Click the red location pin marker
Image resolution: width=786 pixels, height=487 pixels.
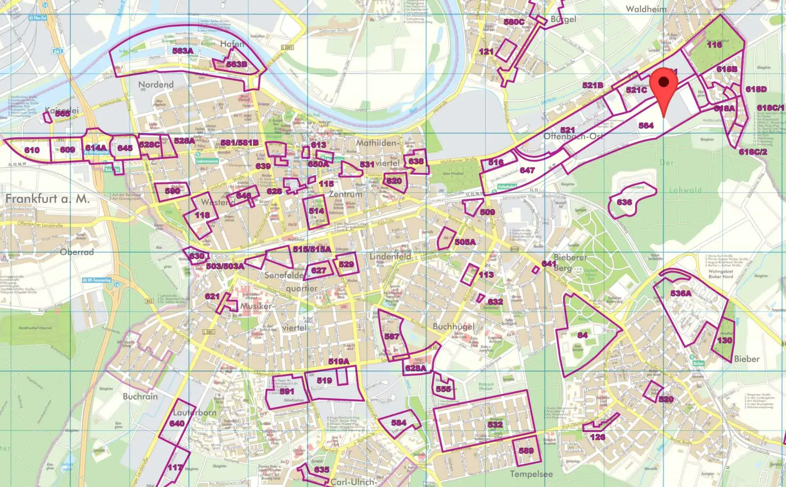pos(664,85)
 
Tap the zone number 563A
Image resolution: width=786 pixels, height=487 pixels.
pos(183,51)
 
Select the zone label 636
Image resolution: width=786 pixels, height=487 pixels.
pos(624,202)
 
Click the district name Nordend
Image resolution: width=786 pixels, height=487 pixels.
pos(156,85)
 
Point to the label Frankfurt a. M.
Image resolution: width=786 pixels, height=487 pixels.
pos(47,199)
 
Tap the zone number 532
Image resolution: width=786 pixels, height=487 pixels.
pos(495,424)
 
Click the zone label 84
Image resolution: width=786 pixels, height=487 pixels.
pos(582,335)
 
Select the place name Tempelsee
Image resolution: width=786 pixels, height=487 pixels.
pos(531,474)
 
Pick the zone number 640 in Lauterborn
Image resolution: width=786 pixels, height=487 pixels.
pos(177,424)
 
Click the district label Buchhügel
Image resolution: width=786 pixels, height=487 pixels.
pos(454,327)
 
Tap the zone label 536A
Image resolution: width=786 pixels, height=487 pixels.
pos(681,293)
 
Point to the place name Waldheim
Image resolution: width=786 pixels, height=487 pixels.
pos(646,9)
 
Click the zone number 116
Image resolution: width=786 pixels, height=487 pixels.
pos(714,45)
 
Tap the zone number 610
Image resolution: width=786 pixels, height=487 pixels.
pos(32,150)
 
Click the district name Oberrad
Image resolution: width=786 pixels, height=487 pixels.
pos(77,252)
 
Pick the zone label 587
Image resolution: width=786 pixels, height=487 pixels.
pos(391,336)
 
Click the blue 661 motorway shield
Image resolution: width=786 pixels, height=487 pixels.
pos(57,52)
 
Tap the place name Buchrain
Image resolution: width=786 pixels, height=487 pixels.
pos(140,397)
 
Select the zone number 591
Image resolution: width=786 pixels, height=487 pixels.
pos(287,391)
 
